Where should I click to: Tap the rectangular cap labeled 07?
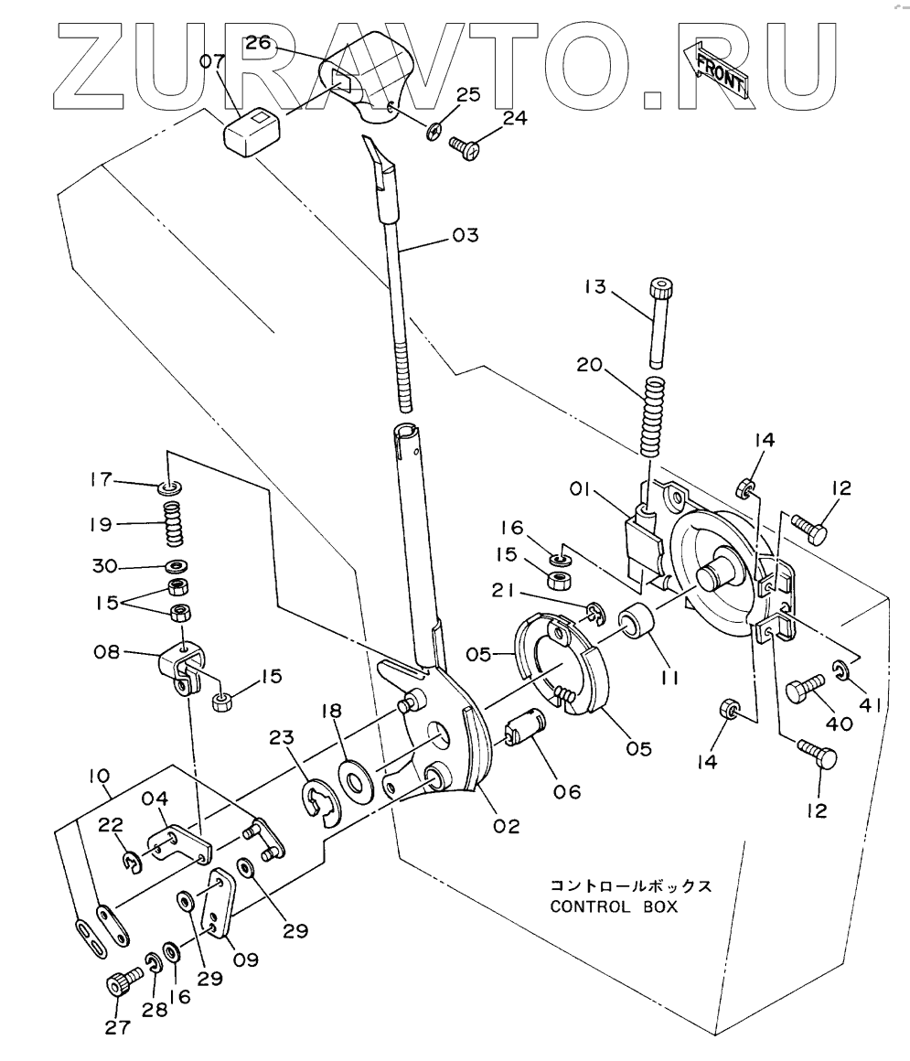pyautogui.click(x=253, y=131)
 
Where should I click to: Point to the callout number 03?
pyautogui.click(x=465, y=236)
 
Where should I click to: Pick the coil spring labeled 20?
pyautogui.click(x=652, y=417)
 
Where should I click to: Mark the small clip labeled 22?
pyautogui.click(x=134, y=860)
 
